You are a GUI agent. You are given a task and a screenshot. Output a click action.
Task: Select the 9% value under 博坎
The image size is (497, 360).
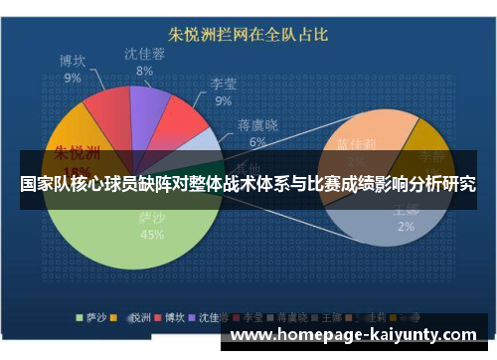tap(73, 77)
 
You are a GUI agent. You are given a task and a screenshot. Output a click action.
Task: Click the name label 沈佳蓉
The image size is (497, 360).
tap(144, 54)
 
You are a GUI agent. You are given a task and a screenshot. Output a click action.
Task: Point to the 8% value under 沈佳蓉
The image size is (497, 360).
tap(144, 71)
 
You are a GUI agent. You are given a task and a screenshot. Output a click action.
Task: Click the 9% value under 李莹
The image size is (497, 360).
tap(223, 100)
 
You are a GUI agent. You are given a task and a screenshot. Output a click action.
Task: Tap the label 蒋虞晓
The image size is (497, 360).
tap(257, 126)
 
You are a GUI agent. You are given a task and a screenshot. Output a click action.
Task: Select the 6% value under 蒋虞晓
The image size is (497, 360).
tap(257, 142)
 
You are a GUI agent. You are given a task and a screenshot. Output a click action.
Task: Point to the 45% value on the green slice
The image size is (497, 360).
tap(152, 235)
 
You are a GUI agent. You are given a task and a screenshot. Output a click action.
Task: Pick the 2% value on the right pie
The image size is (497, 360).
tap(406, 227)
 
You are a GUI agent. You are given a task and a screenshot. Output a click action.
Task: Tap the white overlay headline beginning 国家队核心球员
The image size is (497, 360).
tap(248, 184)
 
